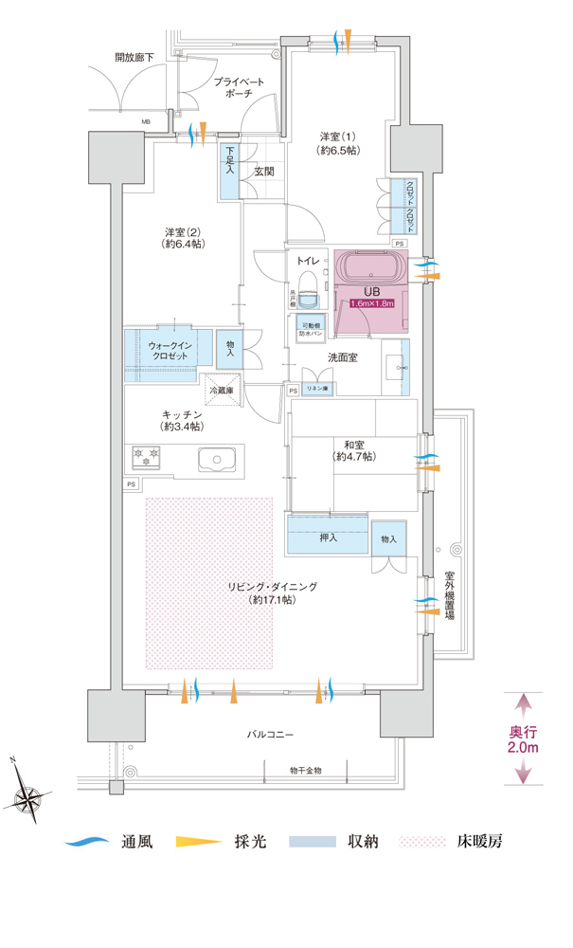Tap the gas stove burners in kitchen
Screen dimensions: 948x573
pyautogui.click(x=145, y=458)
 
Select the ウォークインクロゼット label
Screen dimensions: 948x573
pyautogui.click(x=170, y=350)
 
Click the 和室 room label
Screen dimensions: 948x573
pyautogui.click(x=353, y=449)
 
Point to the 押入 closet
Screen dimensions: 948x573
pyautogui.click(x=327, y=538)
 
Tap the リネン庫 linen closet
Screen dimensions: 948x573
pyautogui.click(x=315, y=389)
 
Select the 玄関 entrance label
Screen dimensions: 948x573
pyautogui.click(x=263, y=172)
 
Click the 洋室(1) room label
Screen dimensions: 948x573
pyautogui.click(x=338, y=143)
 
